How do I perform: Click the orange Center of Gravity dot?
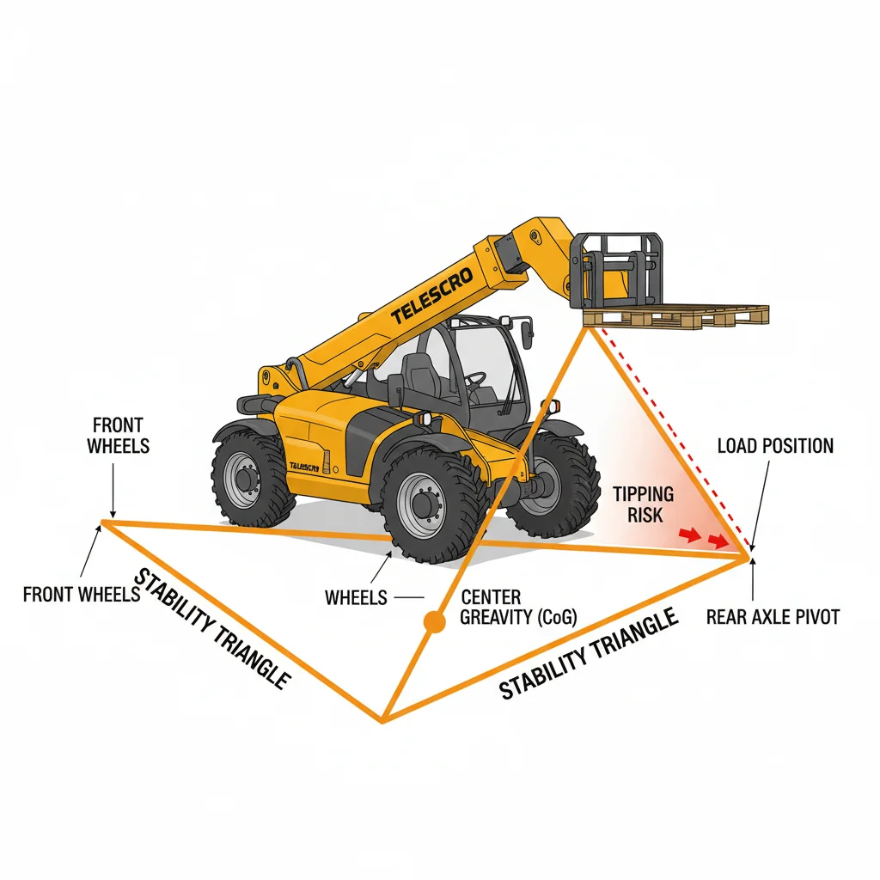tap(434, 622)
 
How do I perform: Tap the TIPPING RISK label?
tap(643, 504)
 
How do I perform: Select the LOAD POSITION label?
tap(775, 446)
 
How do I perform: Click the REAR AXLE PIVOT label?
tap(773, 617)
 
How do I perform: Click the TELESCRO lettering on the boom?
tap(432, 296)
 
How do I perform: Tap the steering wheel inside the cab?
tap(475, 379)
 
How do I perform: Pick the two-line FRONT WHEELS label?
tap(118, 436)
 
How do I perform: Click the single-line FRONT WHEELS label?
tap(82, 595)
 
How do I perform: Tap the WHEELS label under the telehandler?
tap(356, 598)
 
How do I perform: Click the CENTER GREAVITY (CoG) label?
tap(518, 608)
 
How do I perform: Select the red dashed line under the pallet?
tap(675, 439)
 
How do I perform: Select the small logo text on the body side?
tap(304, 467)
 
